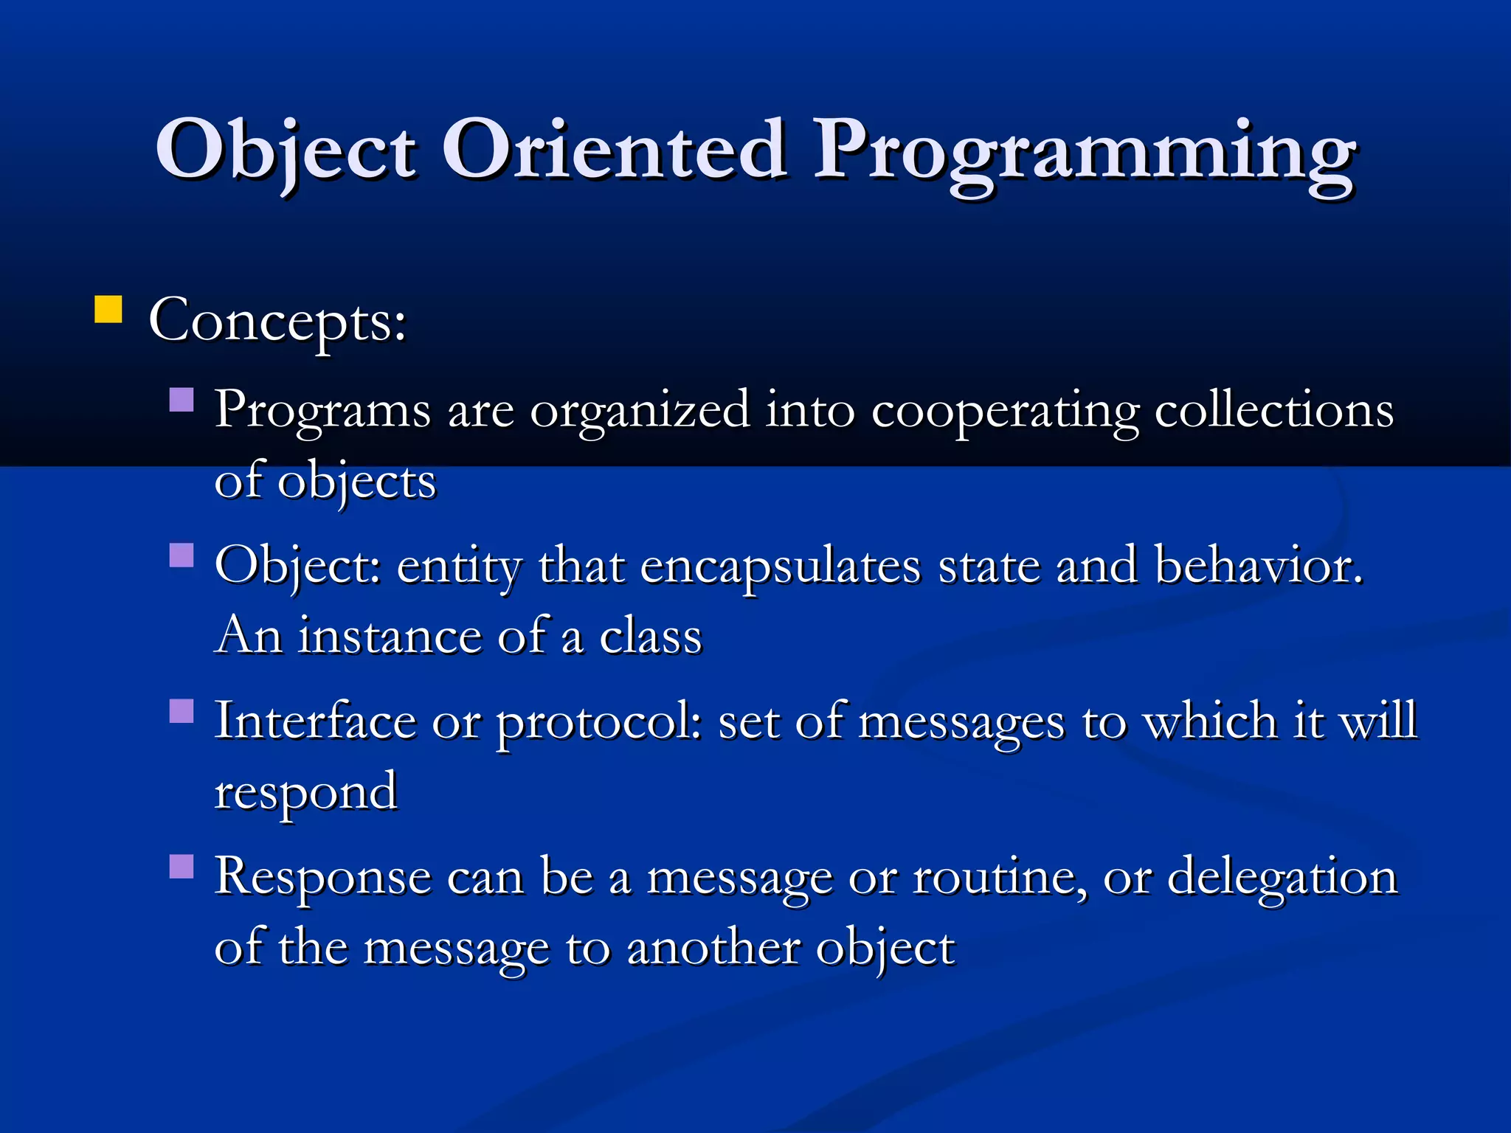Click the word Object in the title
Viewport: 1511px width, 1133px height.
286,150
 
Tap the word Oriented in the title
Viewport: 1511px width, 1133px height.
614,150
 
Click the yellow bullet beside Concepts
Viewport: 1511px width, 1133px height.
108,310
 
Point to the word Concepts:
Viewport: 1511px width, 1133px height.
277,322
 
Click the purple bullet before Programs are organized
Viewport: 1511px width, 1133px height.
181,400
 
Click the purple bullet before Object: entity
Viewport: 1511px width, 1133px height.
181,555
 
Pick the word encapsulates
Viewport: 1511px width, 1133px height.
781,566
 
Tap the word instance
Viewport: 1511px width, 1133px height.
389,636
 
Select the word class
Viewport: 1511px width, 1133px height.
650,636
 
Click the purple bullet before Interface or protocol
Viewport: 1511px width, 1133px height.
181,711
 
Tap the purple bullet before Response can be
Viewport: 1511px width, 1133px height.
181,866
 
